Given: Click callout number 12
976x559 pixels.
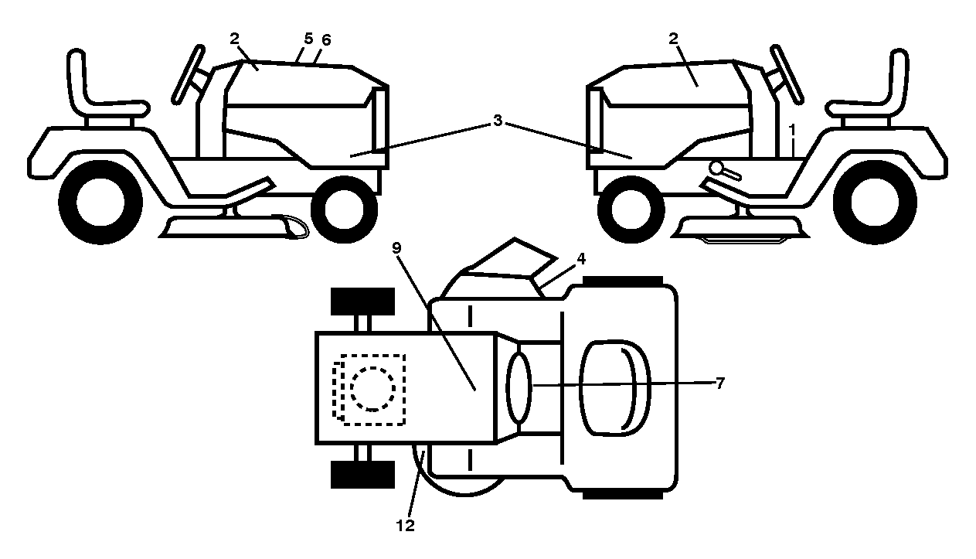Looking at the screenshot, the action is pos(405,526).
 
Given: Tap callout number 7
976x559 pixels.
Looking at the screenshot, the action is pos(719,383).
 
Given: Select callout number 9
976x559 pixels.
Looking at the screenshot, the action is pos(396,248).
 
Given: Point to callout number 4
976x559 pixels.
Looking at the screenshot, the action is pos(581,259).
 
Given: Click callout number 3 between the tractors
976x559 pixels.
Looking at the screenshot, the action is pos(498,121).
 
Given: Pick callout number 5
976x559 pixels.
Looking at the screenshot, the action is pos(308,39).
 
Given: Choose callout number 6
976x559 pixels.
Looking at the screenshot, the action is pos(326,40).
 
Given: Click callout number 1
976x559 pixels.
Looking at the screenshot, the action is pos(792,130).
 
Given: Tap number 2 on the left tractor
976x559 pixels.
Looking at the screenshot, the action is pos(234,39).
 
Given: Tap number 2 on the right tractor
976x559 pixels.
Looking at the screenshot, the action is pos(673,39).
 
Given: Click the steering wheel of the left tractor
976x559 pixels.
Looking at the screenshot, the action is pos(189,74).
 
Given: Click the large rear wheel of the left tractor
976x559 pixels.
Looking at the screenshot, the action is pos(100,203).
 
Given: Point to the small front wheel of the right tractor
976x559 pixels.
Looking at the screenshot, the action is pos(631,210).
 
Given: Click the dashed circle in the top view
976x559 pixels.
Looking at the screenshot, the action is pos(373,389).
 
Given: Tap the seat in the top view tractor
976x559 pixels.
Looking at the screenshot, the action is pos(615,388).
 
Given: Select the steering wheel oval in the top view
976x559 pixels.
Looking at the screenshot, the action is pos(519,387).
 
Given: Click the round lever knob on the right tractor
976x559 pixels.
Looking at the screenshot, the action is pos(716,167).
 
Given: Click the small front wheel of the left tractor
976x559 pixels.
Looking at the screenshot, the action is pos(344,210).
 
